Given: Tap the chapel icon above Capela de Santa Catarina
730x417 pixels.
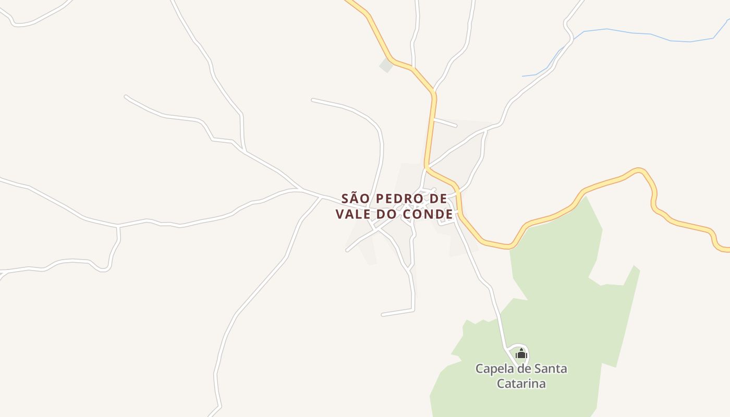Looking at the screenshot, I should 521,354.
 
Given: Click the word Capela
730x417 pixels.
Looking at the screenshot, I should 495,369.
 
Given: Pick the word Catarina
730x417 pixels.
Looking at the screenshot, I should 521,384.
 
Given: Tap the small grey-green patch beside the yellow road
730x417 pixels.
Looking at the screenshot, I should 386,65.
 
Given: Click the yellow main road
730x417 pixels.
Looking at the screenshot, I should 431,130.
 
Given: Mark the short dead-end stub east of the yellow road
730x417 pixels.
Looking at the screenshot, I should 445,123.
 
